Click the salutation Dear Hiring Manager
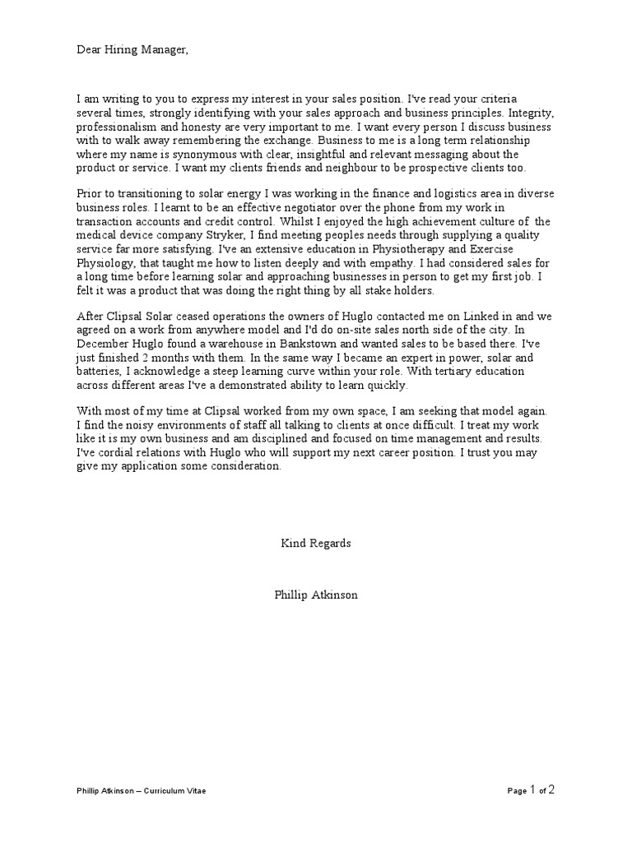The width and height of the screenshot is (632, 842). [132, 51]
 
